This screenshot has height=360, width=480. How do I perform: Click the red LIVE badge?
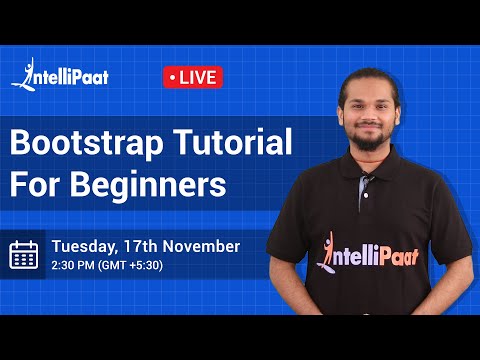click(x=192, y=77)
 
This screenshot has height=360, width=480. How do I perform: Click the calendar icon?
click(x=24, y=254)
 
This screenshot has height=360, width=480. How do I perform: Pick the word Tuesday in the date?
click(x=83, y=245)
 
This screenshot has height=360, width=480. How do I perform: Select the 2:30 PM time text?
click(x=75, y=265)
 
